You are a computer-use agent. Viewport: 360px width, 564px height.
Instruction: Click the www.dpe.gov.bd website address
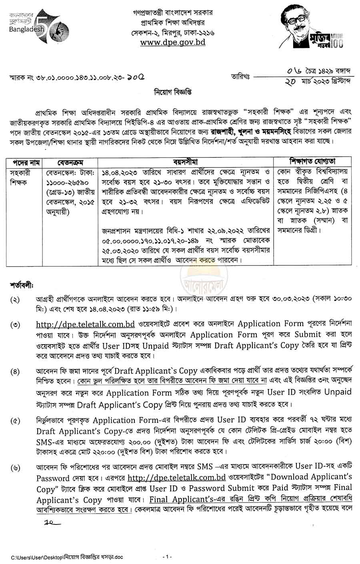click(173, 42)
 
